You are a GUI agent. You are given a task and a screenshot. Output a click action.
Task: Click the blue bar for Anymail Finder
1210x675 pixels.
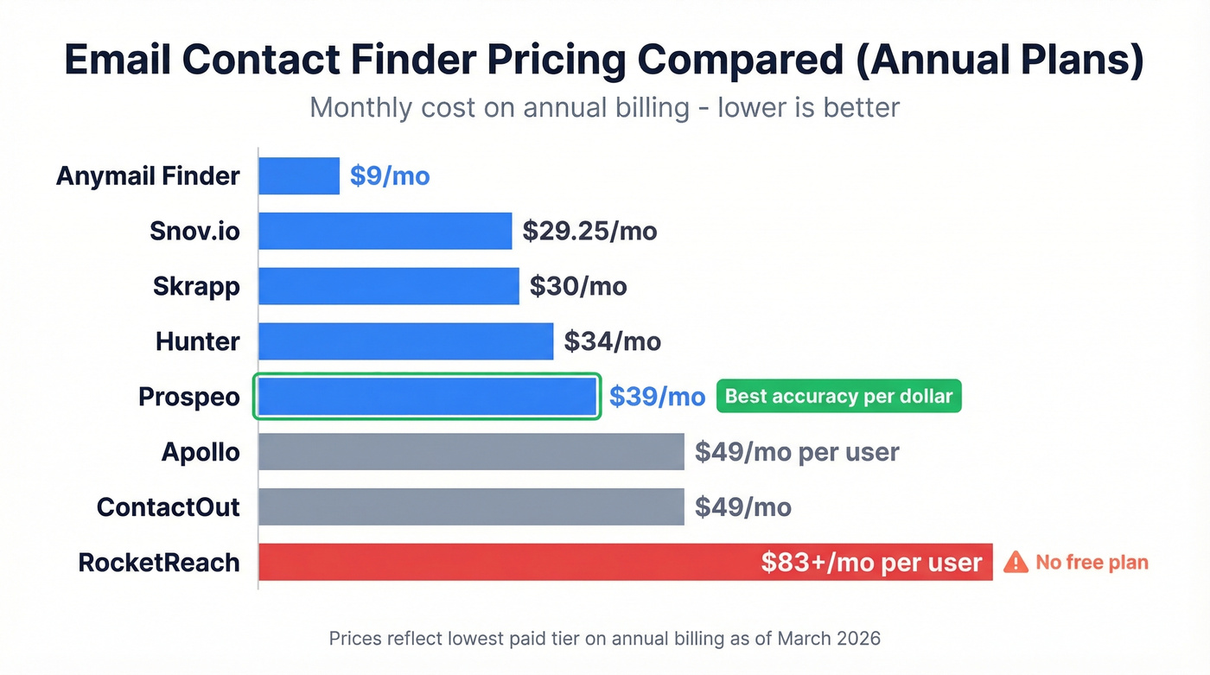299,176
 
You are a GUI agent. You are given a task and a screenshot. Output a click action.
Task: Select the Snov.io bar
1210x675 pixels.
385,232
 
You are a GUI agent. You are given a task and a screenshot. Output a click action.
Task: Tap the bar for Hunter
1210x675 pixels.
405,341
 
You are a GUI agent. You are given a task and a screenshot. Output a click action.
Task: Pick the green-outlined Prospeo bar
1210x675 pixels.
427,397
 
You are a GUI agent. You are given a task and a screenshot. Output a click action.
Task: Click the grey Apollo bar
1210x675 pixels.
471,452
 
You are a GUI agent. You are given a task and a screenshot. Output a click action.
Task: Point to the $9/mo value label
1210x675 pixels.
390,176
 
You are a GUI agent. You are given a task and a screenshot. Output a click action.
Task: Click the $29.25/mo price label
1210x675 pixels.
589,232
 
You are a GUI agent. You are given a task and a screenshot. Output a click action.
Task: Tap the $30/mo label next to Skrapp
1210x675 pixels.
578,286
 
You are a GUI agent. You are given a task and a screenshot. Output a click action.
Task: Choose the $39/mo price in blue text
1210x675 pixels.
657,397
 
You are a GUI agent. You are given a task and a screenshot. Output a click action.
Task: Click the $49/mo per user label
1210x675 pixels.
797,452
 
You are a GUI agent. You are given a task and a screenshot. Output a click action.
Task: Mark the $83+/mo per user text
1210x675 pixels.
871,563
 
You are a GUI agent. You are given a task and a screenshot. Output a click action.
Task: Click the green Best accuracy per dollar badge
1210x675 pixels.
838,397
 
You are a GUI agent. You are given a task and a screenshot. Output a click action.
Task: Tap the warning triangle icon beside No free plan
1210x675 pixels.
1016,562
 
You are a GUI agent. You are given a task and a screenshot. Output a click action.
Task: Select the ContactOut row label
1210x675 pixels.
168,506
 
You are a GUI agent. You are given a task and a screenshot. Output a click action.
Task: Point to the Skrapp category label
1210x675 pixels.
196,286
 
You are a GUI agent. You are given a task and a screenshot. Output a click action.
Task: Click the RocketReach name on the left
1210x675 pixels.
159,563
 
